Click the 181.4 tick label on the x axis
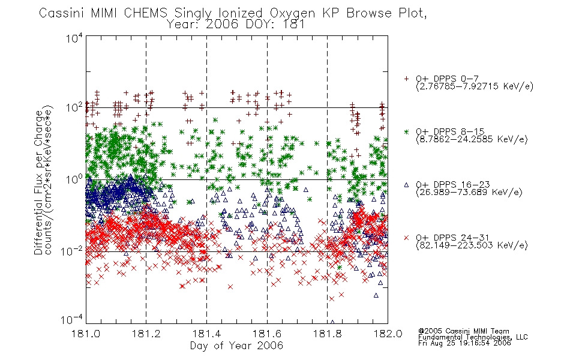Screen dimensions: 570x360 (x=207, y=334)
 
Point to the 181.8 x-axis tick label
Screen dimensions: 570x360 (x=328, y=334)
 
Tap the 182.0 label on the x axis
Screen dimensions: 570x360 (x=388, y=334)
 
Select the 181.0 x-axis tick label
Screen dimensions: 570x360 (x=86, y=334)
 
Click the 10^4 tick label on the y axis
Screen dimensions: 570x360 (x=74, y=38)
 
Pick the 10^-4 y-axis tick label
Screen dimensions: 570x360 (x=71, y=320)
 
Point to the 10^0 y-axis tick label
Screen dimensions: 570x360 (x=74, y=179)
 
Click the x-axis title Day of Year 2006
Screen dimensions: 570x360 (x=236, y=346)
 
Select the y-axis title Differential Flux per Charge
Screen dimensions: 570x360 (x=38, y=182)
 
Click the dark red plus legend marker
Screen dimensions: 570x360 (x=406, y=79)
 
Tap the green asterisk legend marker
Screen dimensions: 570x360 (x=406, y=131)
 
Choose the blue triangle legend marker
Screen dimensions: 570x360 (x=406, y=185)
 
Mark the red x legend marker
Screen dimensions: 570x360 (x=406, y=238)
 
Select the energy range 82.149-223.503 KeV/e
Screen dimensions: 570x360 (x=472, y=245)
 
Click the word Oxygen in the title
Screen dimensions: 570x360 (x=293, y=13)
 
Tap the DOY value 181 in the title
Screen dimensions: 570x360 (x=294, y=25)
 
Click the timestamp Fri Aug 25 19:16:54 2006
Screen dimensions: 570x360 (x=464, y=343)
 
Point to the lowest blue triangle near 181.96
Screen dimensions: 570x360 (x=376, y=295)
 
